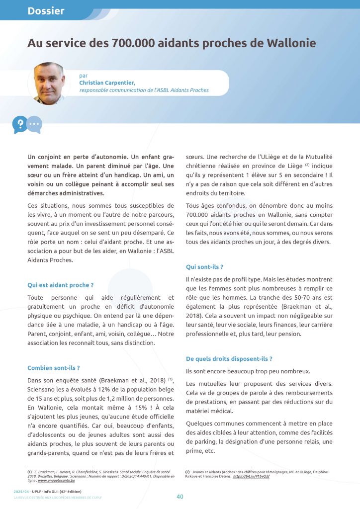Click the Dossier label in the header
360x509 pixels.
[46, 10]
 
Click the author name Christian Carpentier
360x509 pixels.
[107, 83]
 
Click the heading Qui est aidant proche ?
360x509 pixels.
[61, 285]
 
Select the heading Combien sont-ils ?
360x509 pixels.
[54, 368]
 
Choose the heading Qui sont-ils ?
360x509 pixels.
[204, 266]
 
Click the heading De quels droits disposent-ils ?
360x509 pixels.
[229, 358]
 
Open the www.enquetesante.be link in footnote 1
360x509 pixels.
[56, 481]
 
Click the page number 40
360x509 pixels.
[180, 496]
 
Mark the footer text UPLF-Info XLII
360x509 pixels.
[57, 491]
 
